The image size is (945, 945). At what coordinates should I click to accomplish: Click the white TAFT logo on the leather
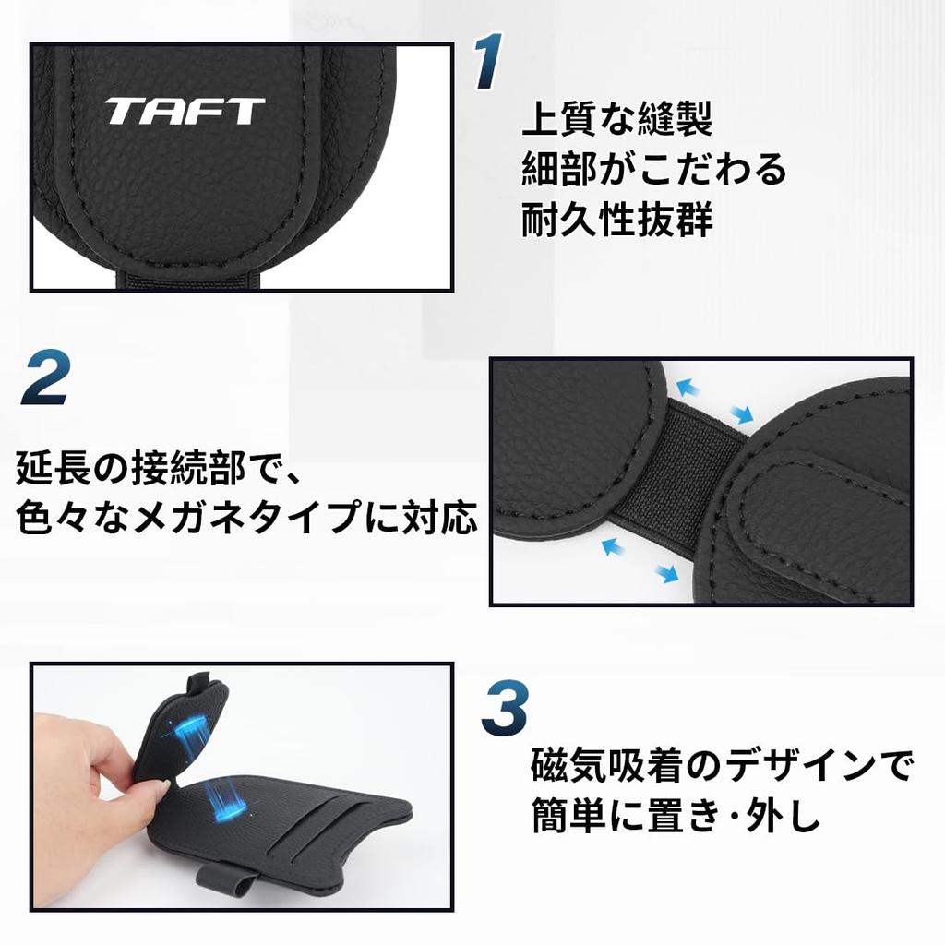click(x=185, y=112)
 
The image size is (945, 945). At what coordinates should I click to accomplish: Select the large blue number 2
click(x=46, y=377)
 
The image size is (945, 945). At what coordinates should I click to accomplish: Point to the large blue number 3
click(x=504, y=707)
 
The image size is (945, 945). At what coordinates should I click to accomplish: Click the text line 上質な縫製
click(x=616, y=120)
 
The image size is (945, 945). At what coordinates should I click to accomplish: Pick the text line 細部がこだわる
click(x=653, y=169)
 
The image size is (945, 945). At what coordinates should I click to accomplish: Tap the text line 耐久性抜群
click(x=616, y=220)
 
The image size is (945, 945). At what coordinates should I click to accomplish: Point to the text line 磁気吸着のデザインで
click(x=722, y=765)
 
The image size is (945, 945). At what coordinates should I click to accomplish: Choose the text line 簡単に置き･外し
click(x=676, y=817)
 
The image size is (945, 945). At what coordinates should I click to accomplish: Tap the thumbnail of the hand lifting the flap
click(x=242, y=786)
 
